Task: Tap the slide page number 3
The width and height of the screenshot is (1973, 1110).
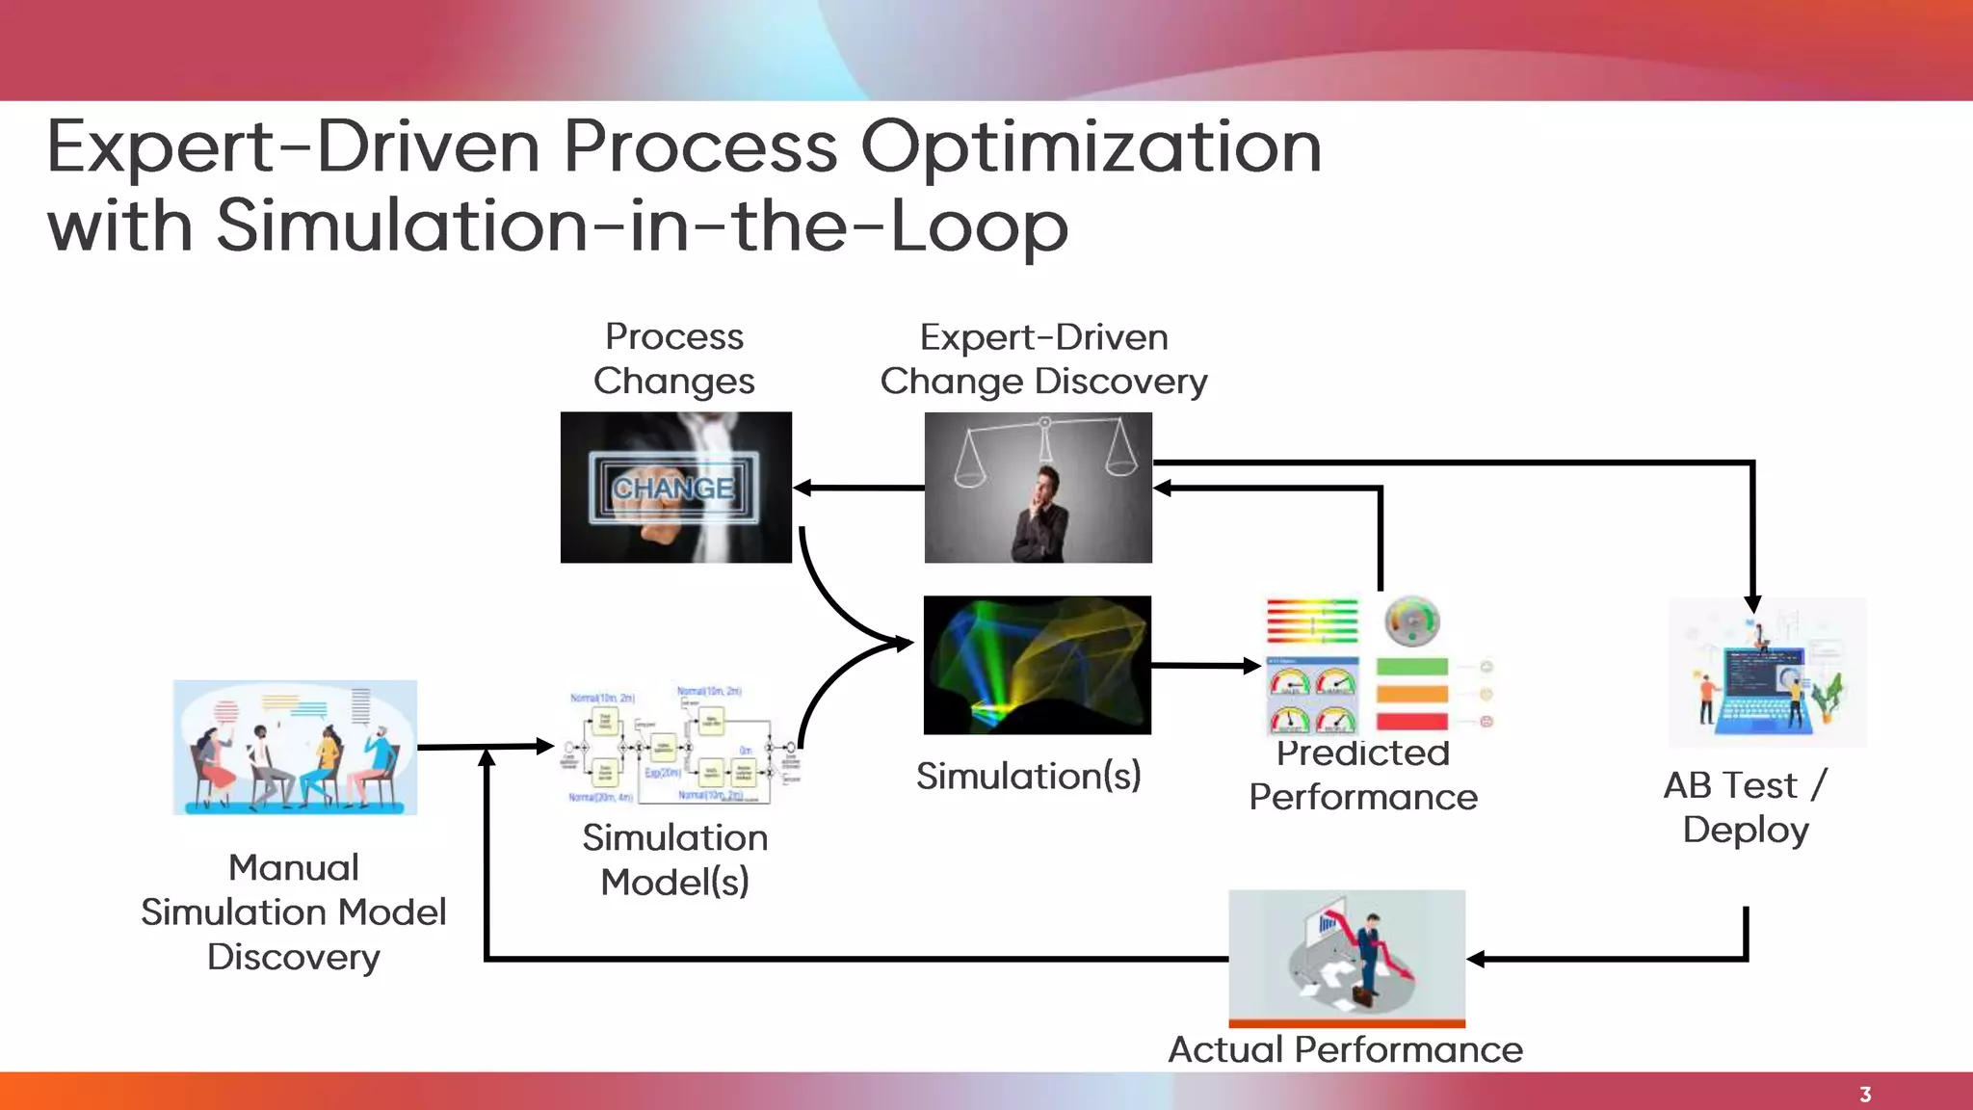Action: (1865, 1095)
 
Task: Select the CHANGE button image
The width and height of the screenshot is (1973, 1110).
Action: (675, 488)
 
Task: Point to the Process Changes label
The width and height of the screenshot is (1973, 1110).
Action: (674, 358)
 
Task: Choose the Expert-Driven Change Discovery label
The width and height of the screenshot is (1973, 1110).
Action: (1043, 358)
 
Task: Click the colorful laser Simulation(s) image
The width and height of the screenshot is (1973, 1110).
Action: (1037, 665)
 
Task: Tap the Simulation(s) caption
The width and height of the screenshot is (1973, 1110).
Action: (1028, 776)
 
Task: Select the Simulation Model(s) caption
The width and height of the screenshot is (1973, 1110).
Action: (674, 859)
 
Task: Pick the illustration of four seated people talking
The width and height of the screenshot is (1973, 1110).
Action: (295, 748)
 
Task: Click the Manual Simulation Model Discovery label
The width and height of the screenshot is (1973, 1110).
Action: (294, 912)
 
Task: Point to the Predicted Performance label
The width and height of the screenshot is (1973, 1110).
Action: (1362, 776)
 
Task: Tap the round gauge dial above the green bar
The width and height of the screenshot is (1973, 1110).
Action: (1412, 621)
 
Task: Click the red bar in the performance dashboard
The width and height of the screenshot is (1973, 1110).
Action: (1412, 722)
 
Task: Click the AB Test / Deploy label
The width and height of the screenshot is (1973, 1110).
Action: (1746, 807)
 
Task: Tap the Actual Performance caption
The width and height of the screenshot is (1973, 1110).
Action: (1345, 1049)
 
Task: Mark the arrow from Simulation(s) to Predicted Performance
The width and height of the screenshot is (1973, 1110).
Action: (1204, 665)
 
